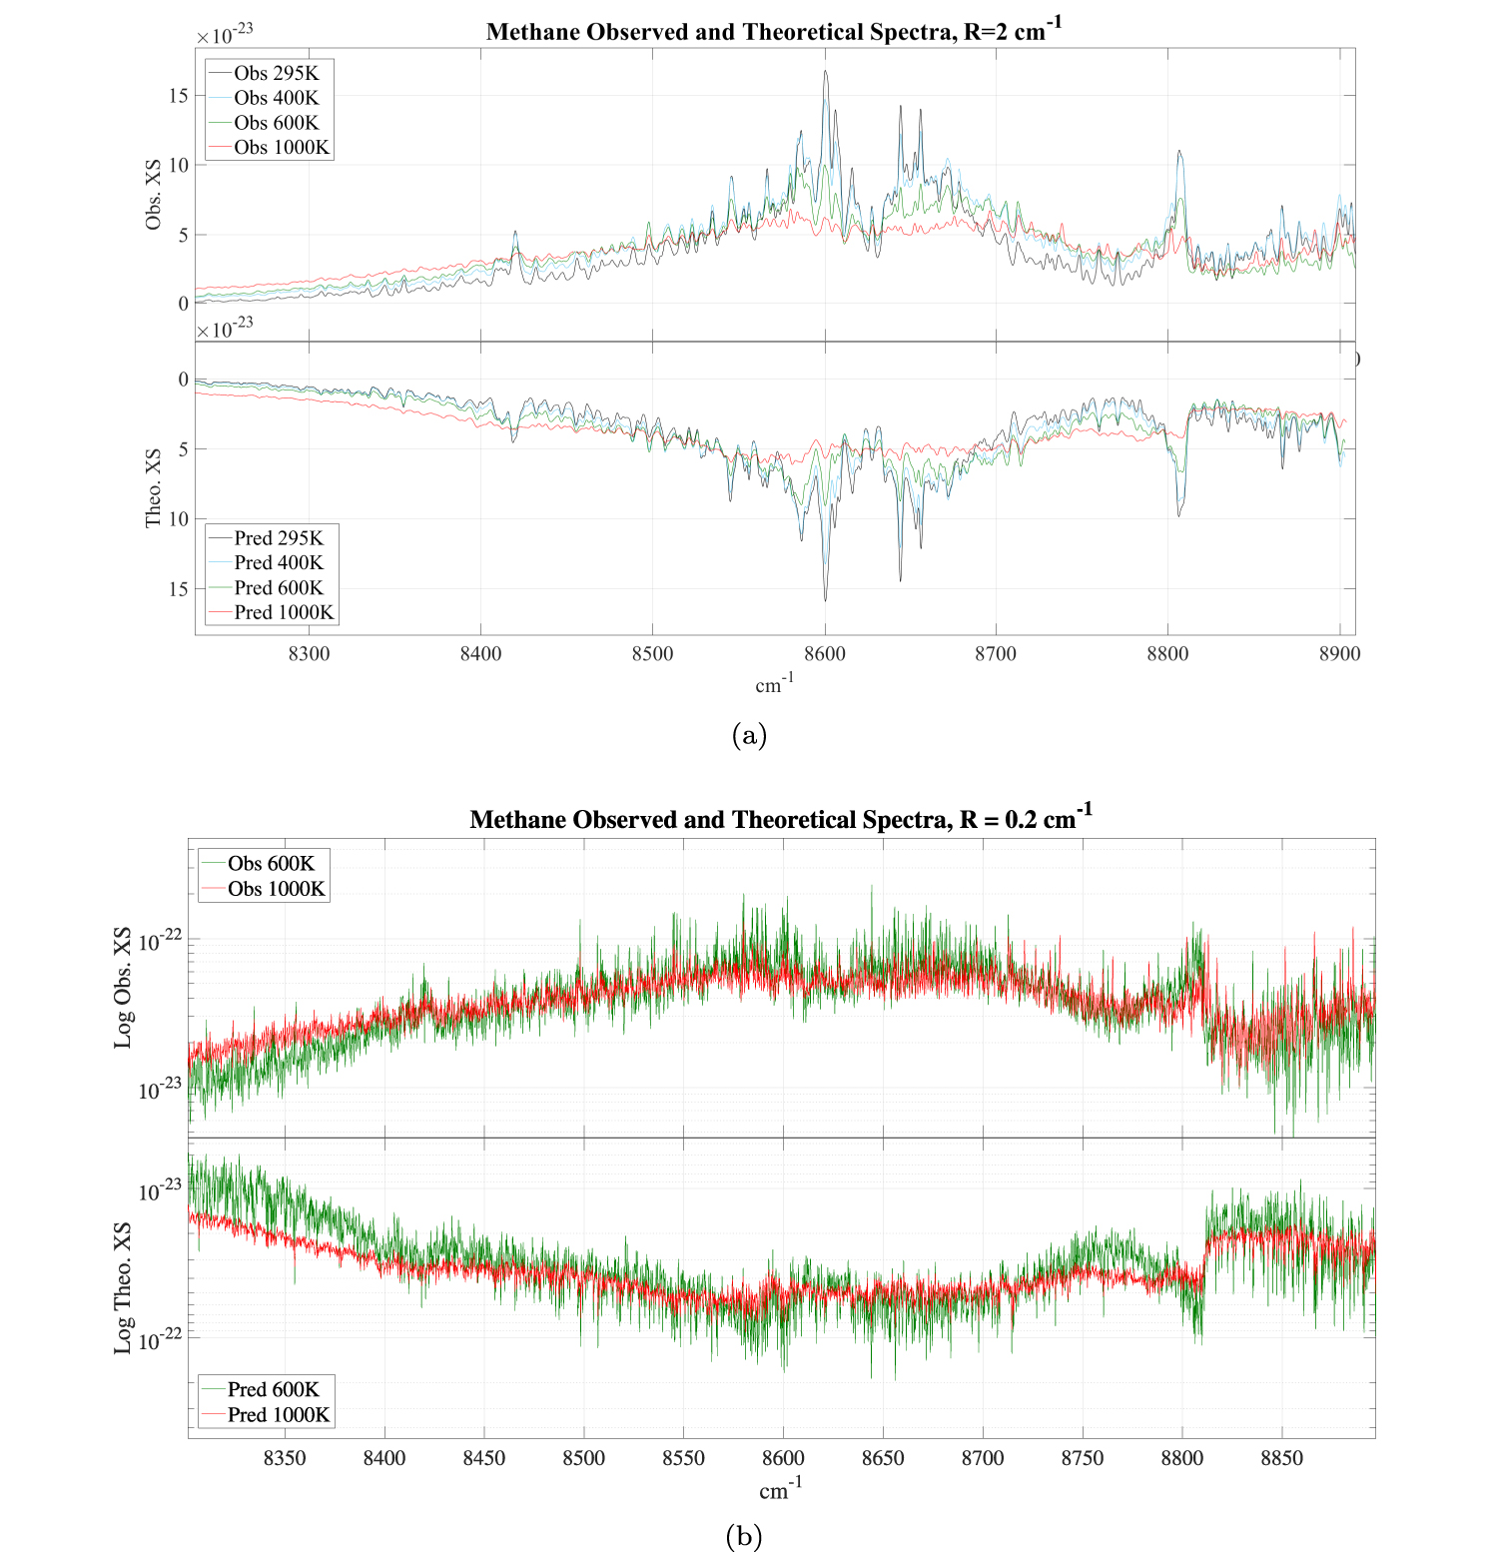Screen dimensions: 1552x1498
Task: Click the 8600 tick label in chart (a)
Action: point(824,654)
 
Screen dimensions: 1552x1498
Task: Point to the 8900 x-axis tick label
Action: point(1339,654)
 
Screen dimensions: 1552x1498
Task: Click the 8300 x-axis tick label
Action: point(309,654)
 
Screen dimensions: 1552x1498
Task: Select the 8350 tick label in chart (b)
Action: point(285,1458)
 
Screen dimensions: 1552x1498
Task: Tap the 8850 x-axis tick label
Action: point(1281,1458)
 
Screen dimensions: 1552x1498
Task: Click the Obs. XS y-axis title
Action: point(154,195)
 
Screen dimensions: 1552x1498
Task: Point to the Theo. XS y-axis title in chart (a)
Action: point(154,488)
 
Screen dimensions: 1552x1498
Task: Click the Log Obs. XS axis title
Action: point(123,988)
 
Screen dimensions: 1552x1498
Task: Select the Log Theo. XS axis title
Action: point(123,1287)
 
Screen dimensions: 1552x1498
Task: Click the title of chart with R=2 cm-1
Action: point(774,31)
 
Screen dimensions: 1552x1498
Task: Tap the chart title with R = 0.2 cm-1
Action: point(781,819)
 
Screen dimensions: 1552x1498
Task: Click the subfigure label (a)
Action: point(749,736)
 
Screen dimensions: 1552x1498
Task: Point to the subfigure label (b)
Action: point(744,1536)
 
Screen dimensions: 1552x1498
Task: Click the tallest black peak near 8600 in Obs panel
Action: point(825,72)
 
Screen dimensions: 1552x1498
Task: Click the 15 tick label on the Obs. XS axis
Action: point(179,96)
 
